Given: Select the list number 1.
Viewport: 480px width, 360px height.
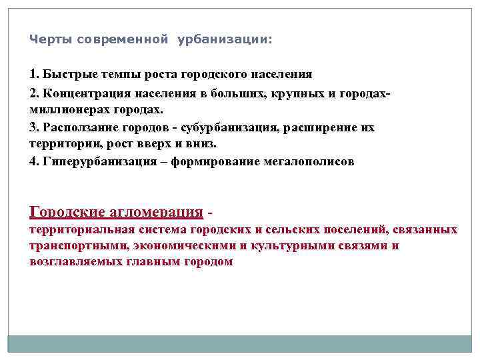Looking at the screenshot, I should (33, 74).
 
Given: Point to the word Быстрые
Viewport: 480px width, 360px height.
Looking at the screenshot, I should (67, 74).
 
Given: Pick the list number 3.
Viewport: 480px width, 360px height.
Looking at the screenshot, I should (33, 127).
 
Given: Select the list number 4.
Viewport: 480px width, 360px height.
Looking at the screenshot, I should (33, 161).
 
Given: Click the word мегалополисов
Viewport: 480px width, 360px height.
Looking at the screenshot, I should (310, 161).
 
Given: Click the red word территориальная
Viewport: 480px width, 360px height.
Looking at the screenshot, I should (85, 230).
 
